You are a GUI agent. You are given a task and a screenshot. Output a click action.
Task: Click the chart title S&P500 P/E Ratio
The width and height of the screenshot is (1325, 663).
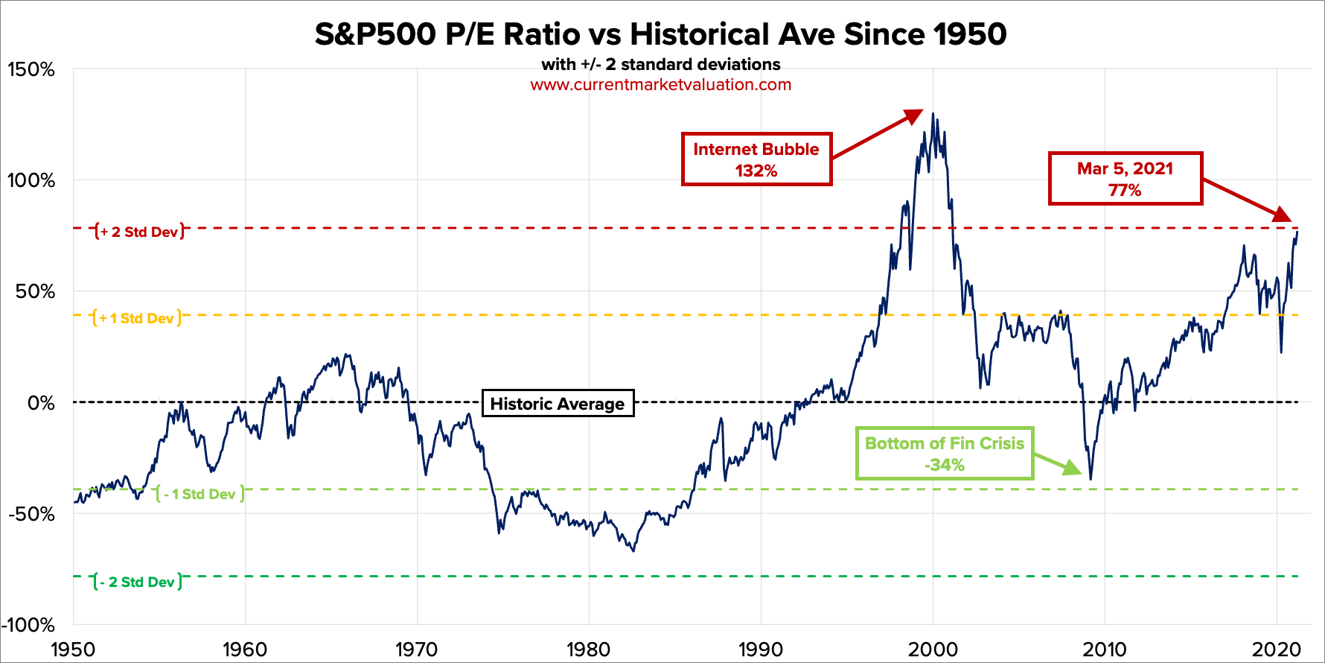point(660,34)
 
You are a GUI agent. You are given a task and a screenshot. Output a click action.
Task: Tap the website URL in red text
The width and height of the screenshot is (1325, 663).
point(660,85)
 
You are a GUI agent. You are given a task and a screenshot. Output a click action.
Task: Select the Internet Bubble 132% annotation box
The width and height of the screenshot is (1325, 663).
point(756,159)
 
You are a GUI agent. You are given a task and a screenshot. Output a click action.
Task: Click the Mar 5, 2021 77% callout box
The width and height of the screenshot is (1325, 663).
point(1125,179)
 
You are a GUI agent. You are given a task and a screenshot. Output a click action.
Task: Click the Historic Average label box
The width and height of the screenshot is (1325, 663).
point(558,404)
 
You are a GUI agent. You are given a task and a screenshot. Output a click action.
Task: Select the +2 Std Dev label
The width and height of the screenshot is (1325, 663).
point(140,232)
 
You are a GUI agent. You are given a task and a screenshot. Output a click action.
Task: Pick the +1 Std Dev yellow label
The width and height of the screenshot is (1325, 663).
point(137,318)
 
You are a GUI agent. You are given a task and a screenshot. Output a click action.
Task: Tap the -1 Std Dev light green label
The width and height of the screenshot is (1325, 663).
point(199,494)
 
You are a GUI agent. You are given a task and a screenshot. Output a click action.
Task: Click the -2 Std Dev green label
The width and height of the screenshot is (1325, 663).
point(138,582)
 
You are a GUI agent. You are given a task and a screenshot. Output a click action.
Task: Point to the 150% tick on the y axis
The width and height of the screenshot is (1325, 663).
point(31,70)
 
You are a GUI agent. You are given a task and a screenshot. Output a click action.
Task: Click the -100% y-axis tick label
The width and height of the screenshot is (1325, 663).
point(28,624)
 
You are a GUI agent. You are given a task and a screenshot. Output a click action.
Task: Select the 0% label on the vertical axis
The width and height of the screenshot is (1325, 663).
point(41,403)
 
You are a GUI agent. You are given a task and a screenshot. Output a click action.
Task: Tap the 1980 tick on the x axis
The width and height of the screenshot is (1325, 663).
point(588,649)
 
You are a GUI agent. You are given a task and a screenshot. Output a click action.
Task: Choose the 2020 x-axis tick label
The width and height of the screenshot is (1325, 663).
point(1276,649)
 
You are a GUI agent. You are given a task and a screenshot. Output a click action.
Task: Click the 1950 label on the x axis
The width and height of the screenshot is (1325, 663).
point(73,649)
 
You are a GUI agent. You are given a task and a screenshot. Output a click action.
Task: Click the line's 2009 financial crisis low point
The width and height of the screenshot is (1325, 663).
point(1091,478)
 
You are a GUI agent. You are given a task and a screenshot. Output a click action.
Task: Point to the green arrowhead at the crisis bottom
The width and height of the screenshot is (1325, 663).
point(1073,468)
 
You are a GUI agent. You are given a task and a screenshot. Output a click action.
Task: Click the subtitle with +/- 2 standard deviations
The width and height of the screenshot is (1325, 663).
point(660,65)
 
